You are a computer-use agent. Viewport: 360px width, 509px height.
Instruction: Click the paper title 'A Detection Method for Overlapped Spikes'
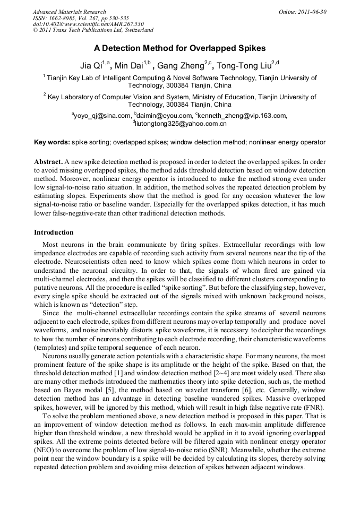(x=179, y=48)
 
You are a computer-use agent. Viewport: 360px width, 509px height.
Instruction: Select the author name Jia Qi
(x=91, y=65)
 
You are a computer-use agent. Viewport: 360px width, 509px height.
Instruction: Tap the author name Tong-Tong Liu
(x=244, y=65)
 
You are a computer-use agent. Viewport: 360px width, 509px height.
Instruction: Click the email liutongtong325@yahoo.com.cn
(x=181, y=124)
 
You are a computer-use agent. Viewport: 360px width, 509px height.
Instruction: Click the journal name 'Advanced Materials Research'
(x=69, y=12)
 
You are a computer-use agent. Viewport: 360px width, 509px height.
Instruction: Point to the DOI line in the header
(x=88, y=24)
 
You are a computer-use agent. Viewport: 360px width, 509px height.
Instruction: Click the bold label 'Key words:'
(x=52, y=142)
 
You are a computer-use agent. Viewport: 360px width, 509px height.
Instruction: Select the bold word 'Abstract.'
(x=48, y=161)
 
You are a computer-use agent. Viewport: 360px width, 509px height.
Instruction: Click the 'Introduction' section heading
(x=54, y=232)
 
